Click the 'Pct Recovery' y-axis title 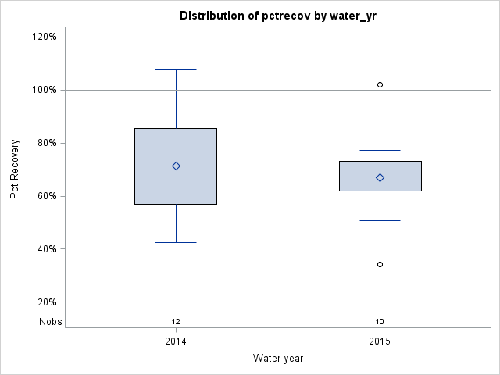tap(15, 170)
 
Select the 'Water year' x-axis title tap(277, 358)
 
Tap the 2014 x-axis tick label tap(176, 341)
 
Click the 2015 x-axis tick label tap(380, 341)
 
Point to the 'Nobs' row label tap(50, 321)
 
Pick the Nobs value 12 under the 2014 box tap(176, 321)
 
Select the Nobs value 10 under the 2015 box tap(380, 321)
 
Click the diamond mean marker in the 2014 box tap(176, 166)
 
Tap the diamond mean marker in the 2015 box tap(380, 177)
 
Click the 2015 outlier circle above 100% tap(380, 84)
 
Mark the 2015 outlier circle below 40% tap(380, 264)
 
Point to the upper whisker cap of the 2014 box tap(176, 69)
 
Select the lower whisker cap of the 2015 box tap(380, 220)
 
